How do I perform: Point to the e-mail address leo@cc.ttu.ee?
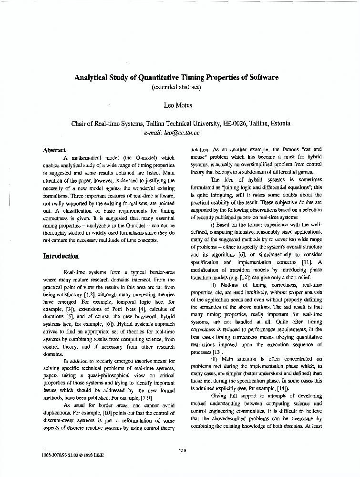[x=182, y=133]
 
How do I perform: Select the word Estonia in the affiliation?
[x=277, y=124]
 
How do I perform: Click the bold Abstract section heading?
[x=54, y=150]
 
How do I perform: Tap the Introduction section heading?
[x=61, y=256]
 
